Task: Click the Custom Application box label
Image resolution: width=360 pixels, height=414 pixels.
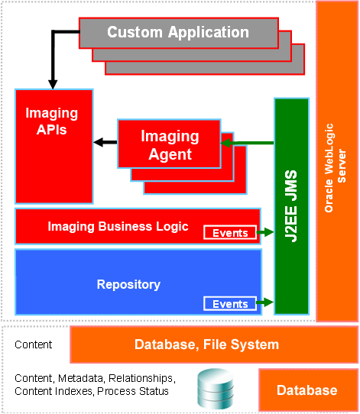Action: tap(178, 32)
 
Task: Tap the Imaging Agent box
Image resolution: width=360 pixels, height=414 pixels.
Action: tap(169, 145)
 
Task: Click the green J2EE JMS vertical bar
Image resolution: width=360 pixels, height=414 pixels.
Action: tap(292, 206)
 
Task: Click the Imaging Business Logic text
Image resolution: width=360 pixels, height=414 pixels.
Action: tap(118, 226)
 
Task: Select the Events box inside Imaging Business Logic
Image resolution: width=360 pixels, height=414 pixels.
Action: tap(230, 233)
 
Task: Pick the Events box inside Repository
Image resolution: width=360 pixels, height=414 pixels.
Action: tap(230, 304)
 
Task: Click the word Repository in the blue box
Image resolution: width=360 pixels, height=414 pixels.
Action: tap(128, 285)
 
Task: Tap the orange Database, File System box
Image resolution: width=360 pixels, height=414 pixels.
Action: tap(206, 344)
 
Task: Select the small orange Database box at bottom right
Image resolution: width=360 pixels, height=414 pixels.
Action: tap(306, 390)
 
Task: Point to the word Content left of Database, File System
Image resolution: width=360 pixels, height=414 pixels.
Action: tap(34, 344)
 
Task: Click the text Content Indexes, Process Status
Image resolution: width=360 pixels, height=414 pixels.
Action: tap(92, 391)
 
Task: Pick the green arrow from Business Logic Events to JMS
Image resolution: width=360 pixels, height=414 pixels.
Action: tap(266, 232)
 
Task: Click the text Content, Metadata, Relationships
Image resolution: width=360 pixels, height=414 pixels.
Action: tap(95, 378)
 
